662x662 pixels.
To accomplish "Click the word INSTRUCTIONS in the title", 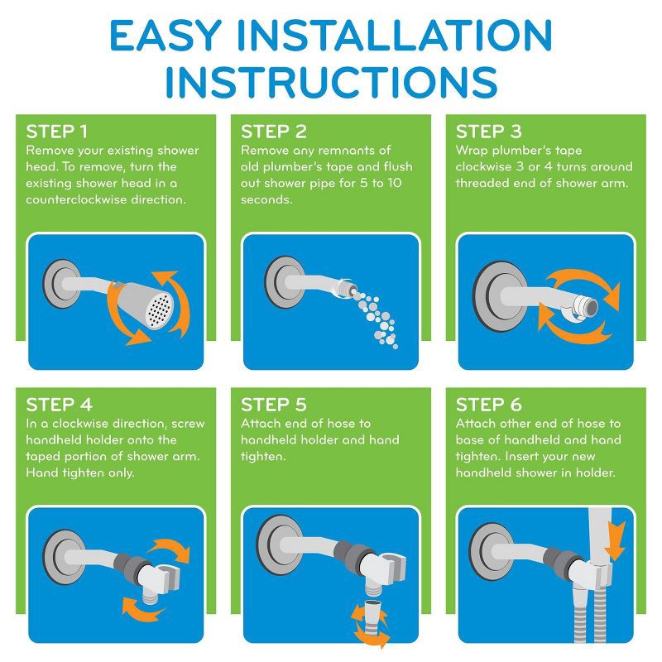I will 331,83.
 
